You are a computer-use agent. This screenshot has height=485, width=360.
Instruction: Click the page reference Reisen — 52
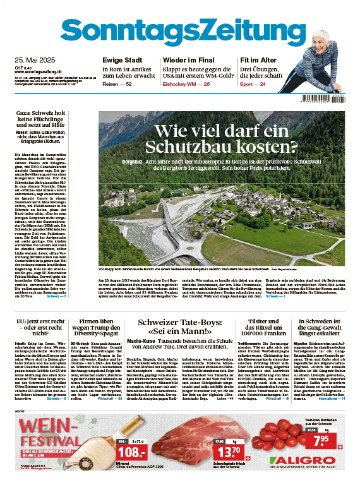tap(117, 84)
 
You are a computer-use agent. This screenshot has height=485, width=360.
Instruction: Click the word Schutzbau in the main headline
tap(184, 147)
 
